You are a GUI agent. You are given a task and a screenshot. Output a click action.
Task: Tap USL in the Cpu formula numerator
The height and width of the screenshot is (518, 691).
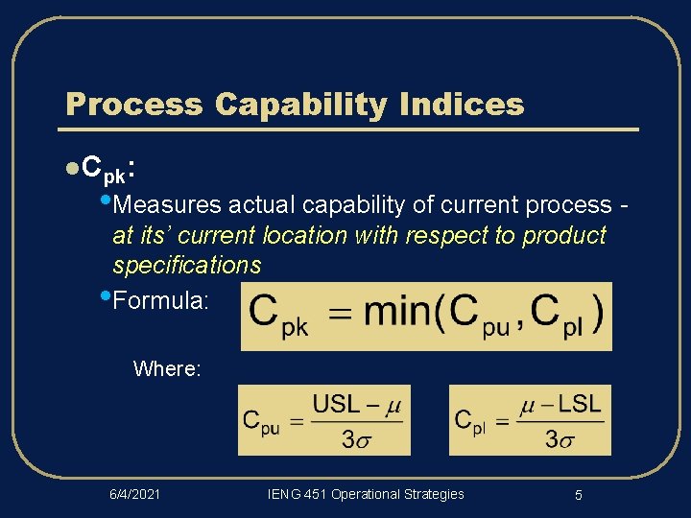click(x=336, y=404)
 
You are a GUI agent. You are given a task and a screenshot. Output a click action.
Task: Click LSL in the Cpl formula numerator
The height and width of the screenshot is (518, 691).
click(x=580, y=404)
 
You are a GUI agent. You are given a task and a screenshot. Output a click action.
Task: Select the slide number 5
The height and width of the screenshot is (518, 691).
click(x=579, y=495)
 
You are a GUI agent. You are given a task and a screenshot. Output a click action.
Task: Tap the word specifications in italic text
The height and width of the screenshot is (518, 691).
click(x=186, y=264)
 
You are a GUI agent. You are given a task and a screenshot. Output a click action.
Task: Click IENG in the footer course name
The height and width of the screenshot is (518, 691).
click(x=285, y=494)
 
